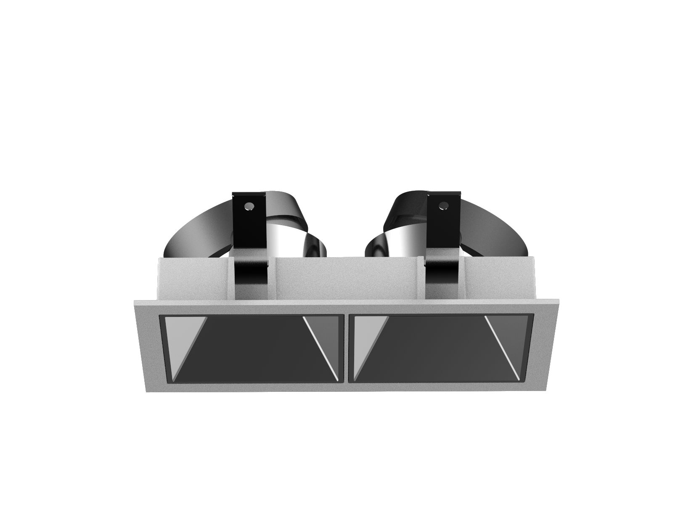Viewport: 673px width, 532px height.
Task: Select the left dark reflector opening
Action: [x=252, y=349]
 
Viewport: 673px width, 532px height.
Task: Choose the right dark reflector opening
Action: [x=437, y=349]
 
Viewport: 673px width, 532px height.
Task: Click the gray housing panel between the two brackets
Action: [x=345, y=278]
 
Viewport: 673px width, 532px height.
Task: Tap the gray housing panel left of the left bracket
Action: [x=193, y=278]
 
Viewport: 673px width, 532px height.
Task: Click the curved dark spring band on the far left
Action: [x=185, y=236]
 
